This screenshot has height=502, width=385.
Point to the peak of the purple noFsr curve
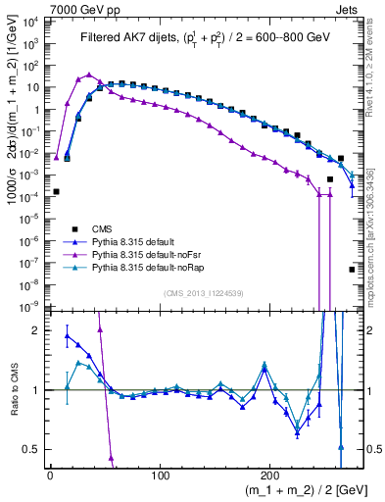(89, 75)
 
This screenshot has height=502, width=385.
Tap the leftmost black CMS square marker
(56, 191)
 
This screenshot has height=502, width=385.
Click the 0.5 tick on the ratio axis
(37, 449)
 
